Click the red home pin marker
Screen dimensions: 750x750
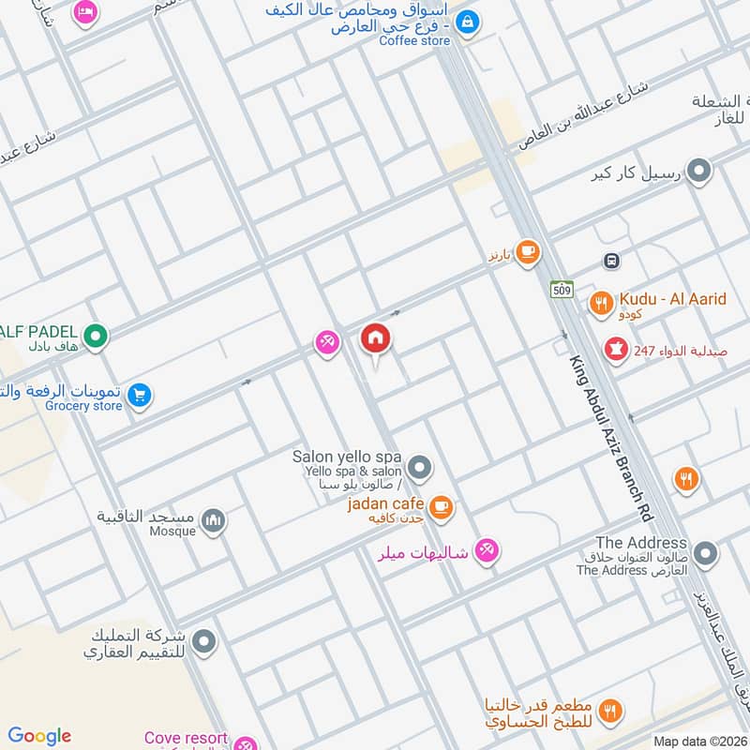(x=376, y=338)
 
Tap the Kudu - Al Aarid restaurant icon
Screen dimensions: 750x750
(x=600, y=304)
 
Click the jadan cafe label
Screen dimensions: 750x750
(x=386, y=503)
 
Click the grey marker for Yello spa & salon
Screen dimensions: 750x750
(x=420, y=466)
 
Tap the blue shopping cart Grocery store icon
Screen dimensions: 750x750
(x=139, y=396)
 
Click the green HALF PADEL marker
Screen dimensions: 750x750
(x=95, y=335)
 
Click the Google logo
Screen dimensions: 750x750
(x=39, y=736)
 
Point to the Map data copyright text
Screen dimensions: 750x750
(x=698, y=741)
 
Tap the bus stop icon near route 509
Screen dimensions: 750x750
(x=610, y=261)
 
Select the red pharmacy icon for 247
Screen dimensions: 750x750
(x=616, y=349)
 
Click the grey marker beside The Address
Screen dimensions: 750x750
(x=705, y=554)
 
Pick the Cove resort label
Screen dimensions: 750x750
(x=186, y=738)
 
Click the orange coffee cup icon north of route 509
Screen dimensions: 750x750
(x=527, y=250)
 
